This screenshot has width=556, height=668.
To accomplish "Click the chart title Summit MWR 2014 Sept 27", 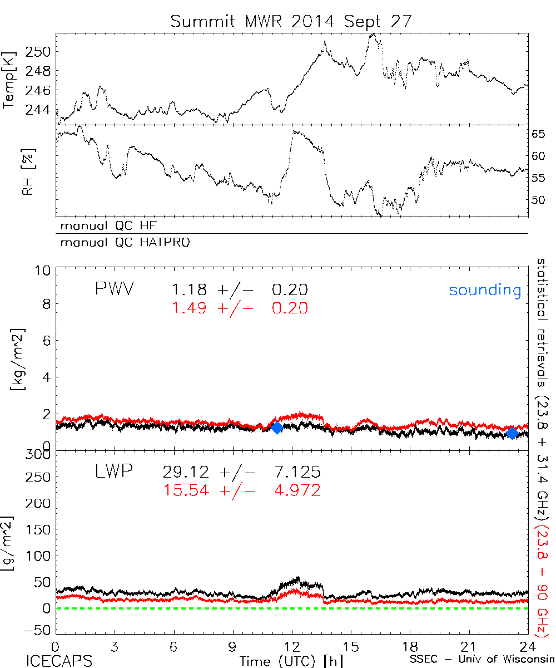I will [291, 21].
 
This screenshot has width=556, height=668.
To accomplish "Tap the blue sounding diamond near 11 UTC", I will [276, 428].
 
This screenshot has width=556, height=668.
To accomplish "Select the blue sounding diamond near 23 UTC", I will [513, 433].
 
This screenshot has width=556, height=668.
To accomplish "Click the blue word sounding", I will [485, 290].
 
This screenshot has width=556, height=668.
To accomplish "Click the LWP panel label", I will [113, 473].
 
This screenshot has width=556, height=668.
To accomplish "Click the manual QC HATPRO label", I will [121, 243].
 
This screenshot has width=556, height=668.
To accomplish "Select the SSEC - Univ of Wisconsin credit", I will [481, 660].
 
